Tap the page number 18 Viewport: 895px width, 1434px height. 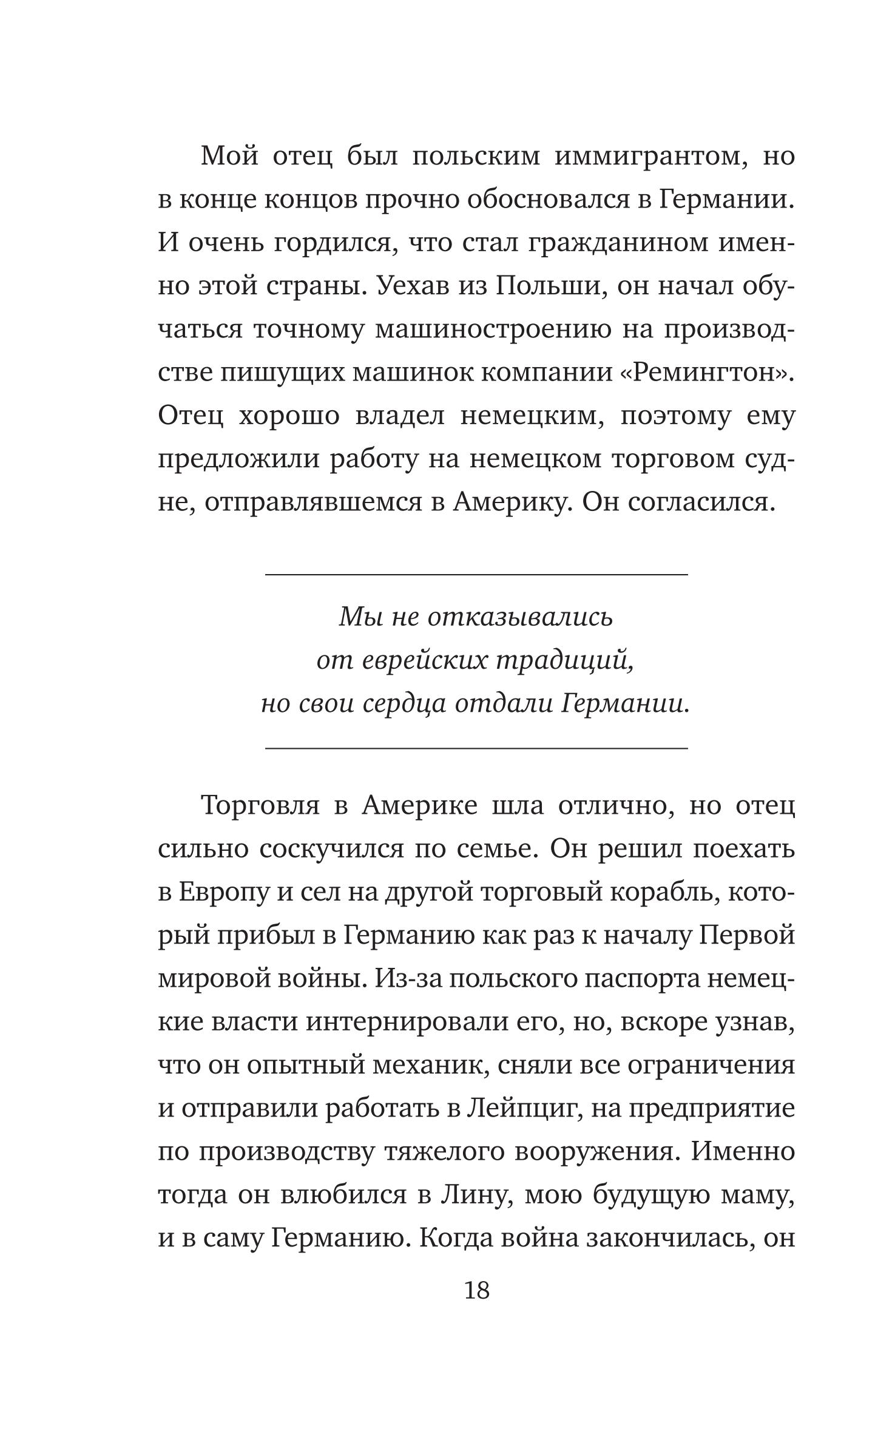tap(476, 1291)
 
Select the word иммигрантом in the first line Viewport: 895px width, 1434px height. tap(650, 157)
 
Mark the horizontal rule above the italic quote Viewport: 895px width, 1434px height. tap(476, 573)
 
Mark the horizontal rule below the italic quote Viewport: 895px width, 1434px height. tap(476, 748)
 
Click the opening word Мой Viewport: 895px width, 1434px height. tap(229, 157)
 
